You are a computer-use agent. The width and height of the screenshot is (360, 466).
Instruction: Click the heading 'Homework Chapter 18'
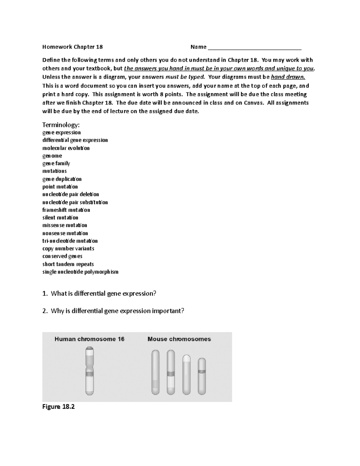coord(73,47)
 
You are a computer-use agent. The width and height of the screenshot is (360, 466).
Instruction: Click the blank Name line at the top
coord(254,47)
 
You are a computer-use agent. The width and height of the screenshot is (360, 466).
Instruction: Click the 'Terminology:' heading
coord(61,125)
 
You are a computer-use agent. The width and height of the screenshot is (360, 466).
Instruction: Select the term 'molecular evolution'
coord(66,148)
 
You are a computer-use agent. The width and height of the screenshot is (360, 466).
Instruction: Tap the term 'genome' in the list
coord(52,156)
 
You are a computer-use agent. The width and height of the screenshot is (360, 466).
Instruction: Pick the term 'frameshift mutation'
coord(66,210)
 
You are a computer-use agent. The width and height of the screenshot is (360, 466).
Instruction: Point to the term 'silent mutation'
coord(60,218)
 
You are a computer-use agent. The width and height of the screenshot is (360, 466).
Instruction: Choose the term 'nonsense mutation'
coord(65,233)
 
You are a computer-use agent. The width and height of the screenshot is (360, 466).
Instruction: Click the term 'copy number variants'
coord(68,248)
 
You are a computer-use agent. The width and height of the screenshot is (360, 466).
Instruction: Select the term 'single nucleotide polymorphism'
coord(80,272)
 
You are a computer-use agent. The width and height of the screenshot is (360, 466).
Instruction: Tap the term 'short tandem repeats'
coord(68,264)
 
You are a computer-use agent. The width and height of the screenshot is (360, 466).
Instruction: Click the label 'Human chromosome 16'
coord(89,339)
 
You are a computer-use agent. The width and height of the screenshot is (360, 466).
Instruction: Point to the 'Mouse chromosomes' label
coord(179,339)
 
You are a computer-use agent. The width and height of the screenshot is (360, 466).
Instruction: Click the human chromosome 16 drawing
coord(90,371)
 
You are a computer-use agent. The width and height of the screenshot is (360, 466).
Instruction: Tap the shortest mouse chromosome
coord(202,376)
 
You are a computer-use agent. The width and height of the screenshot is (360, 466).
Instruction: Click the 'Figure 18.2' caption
coord(58,407)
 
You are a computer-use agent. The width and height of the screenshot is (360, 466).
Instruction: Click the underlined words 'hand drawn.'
coord(288,77)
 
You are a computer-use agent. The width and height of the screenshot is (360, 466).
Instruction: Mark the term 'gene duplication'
coord(62,179)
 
